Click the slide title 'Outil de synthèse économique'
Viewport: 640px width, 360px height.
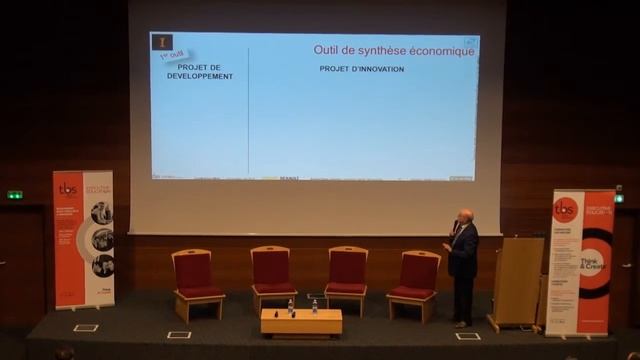pos(394,50)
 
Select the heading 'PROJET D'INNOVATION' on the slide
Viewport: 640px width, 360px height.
pos(361,69)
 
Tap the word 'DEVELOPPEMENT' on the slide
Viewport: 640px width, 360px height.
pos(200,76)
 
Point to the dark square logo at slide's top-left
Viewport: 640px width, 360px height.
pos(162,42)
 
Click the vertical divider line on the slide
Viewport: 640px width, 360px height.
pos(248,110)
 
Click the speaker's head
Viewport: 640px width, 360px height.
pos(465,216)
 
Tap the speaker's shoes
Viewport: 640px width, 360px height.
pos(461,323)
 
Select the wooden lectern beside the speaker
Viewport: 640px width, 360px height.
pos(516,282)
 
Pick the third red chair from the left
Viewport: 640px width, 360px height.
pos(346,277)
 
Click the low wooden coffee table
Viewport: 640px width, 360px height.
pos(301,322)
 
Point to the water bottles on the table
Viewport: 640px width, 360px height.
pos(301,306)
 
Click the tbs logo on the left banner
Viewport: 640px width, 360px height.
pos(68,188)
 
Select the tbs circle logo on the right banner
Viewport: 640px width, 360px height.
pos(565,210)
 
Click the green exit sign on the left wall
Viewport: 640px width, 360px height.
pos(15,194)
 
